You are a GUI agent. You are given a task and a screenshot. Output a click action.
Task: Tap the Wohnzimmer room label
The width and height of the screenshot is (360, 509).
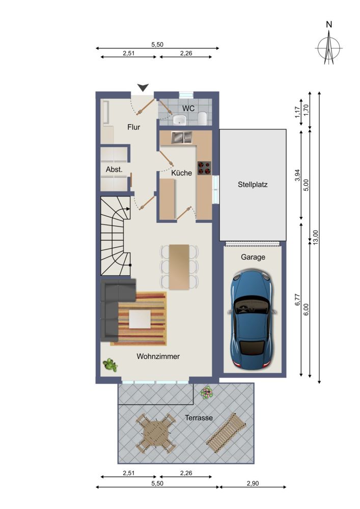[x=158, y=356]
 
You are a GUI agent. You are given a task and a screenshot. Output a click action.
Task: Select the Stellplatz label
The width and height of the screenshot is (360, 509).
[x=253, y=184]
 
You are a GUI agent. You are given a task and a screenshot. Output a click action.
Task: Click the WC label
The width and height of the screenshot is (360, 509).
[x=188, y=108]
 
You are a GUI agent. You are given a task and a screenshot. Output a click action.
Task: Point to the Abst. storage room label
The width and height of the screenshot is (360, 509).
[x=114, y=169]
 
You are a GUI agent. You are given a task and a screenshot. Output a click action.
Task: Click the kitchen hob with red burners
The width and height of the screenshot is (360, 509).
[x=204, y=168]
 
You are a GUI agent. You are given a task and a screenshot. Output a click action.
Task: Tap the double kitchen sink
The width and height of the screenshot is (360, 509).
[x=181, y=137]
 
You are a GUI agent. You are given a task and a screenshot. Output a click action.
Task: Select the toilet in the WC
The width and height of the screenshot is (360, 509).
[x=202, y=118]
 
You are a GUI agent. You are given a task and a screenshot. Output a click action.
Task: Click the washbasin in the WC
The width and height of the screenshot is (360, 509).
[x=180, y=120]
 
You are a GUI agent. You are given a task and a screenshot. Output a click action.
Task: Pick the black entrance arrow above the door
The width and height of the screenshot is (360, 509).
[x=143, y=87]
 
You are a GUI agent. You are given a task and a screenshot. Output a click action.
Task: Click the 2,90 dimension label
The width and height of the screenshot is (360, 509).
[x=253, y=484]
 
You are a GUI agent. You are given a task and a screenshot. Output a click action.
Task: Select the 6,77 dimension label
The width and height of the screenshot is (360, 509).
[x=297, y=299]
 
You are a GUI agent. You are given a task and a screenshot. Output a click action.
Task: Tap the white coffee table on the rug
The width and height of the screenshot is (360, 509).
[x=140, y=319]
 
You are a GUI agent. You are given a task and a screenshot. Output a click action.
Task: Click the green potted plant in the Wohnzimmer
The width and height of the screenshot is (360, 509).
[x=110, y=365]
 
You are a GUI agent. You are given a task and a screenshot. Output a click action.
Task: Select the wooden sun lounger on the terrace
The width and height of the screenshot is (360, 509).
[x=226, y=433]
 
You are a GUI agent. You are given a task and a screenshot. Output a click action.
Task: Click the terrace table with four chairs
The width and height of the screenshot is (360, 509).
[x=156, y=433]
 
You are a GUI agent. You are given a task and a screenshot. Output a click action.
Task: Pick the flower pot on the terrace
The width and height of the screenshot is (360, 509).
[x=206, y=392]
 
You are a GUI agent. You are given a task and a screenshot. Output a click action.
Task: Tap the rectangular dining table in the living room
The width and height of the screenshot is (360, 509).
[x=179, y=267]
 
